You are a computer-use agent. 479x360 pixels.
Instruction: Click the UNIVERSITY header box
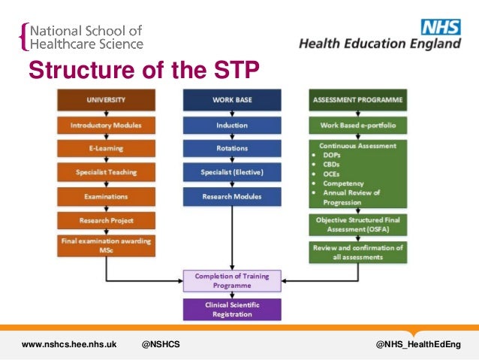[106, 100]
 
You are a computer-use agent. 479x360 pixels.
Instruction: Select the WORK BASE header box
[232, 100]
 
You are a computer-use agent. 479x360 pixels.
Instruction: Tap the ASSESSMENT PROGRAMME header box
[357, 100]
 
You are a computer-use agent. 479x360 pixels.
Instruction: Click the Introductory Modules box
[106, 125]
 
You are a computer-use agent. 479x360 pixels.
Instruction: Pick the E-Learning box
[106, 149]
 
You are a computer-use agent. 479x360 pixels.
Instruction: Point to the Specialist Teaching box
[106, 173]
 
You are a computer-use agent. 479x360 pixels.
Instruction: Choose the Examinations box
[106, 197]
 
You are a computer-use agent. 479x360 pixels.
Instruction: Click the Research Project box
[106, 221]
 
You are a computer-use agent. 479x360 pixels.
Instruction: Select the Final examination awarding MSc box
[106, 246]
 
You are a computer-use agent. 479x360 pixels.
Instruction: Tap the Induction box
[232, 125]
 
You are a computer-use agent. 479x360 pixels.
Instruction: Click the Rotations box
[232, 149]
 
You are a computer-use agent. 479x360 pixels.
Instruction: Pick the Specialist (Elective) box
[232, 173]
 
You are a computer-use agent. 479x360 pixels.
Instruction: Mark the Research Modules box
[232, 197]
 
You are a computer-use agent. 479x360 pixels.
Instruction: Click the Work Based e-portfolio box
[357, 125]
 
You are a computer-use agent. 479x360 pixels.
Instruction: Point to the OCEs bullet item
[331, 174]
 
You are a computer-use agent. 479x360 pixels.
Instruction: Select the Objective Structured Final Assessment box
[357, 225]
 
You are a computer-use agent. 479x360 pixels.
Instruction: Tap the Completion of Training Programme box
[232, 281]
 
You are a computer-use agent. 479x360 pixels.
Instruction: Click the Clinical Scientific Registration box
[232, 310]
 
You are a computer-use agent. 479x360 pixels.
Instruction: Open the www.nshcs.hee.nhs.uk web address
[69, 344]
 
